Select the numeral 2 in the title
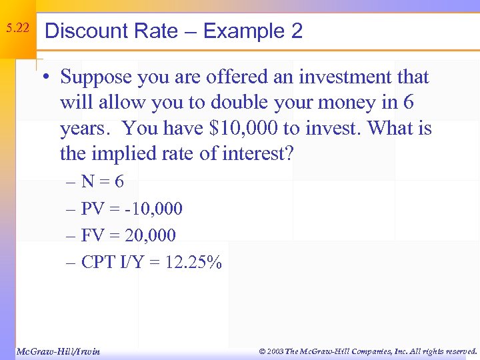pos(296,31)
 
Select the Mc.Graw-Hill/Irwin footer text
pos(57,351)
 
